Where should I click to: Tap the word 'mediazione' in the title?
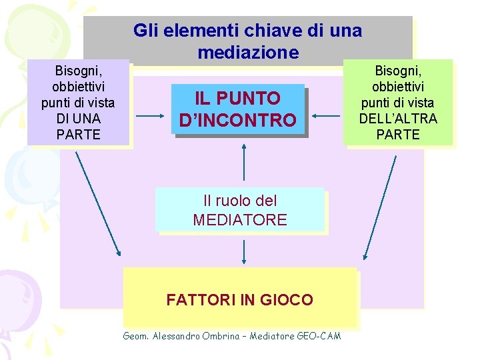[x=248, y=52]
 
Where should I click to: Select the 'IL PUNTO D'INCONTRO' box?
[x=238, y=109]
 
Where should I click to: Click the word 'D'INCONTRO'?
[x=238, y=120]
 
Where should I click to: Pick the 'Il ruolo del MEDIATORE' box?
[x=239, y=210]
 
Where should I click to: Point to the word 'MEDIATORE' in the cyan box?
[x=239, y=220]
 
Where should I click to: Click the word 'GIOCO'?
[x=288, y=299]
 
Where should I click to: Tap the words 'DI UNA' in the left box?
[x=77, y=118]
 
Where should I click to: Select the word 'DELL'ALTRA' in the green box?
[x=398, y=119]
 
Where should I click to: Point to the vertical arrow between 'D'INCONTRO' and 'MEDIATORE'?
[x=244, y=162]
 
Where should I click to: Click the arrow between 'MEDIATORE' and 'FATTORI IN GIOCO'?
[x=244, y=252]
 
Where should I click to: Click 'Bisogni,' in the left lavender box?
[x=77, y=70]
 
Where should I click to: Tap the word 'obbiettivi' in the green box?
[x=398, y=87]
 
